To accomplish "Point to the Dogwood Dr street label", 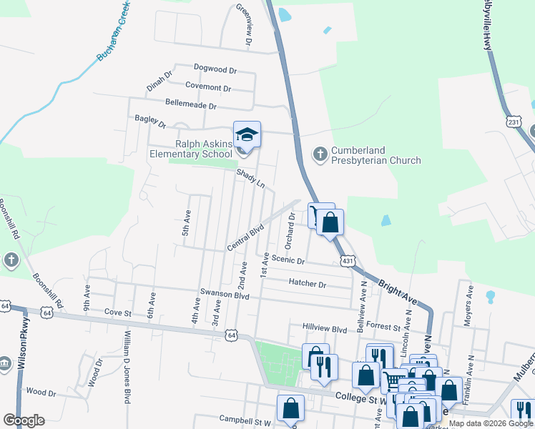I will click(215, 69).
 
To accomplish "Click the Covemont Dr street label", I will click(207, 88).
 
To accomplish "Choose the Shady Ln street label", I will click(251, 179).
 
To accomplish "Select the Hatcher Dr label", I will click(308, 284).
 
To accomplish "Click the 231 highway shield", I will click(512, 122).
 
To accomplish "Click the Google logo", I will click(24, 420).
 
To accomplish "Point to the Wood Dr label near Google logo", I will click(41, 393).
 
